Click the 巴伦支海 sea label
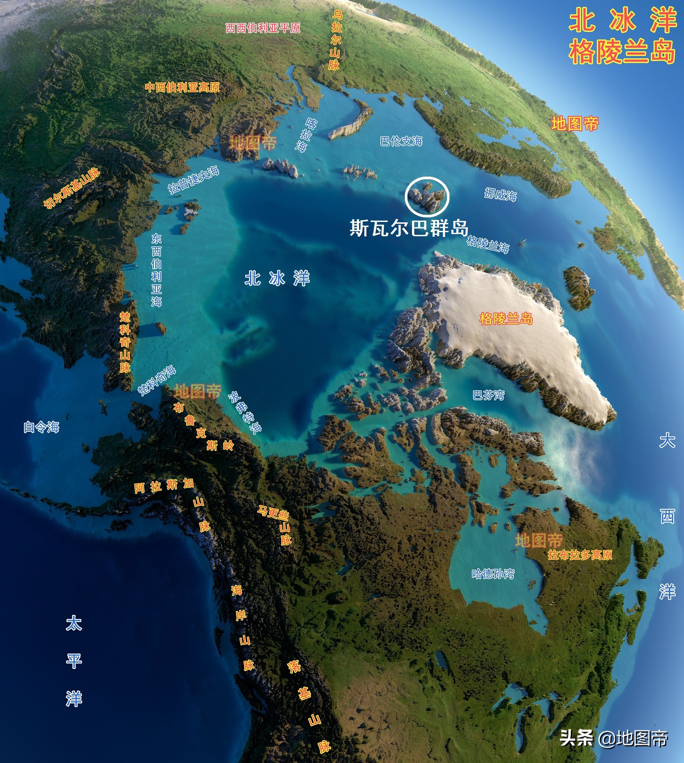401,141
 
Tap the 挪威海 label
500,194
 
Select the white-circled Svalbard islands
427,197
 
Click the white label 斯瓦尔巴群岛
409,228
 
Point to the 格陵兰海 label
488,244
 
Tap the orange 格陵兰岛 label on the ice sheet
506,319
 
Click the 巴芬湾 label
488,395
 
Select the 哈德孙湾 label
493,574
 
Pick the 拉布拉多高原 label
580,555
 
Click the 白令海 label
41,427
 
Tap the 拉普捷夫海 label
193,180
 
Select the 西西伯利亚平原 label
263,28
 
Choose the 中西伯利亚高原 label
182,87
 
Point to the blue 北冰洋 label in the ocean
277,279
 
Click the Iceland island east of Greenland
579,287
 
